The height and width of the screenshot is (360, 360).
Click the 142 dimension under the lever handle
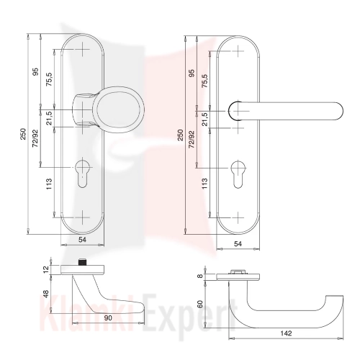point(286,333)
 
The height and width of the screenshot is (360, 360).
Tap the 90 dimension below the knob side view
point(108,318)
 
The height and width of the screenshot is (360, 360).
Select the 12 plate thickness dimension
point(46,269)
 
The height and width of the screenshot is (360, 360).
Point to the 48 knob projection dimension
point(45,294)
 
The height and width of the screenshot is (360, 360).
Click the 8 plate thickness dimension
point(200,276)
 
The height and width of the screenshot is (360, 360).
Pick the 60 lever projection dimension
point(200,304)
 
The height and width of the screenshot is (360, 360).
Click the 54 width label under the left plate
point(82,240)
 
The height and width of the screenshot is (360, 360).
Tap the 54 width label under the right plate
point(238,244)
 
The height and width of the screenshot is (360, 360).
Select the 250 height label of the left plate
point(23,135)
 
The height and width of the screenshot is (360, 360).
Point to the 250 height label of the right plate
point(181,135)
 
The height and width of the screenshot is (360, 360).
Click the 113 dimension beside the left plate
point(49,184)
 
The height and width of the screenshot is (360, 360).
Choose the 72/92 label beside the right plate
point(192,139)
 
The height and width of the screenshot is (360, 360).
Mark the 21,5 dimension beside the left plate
point(49,118)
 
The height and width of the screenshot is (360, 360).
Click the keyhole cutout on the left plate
point(83,174)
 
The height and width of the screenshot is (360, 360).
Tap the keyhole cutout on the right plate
point(238,175)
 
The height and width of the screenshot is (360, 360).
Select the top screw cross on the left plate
point(82,50)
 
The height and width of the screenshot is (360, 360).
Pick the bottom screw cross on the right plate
point(238,217)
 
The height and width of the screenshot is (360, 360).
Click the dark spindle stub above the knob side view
point(82,262)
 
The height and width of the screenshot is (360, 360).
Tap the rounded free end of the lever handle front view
point(338,111)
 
